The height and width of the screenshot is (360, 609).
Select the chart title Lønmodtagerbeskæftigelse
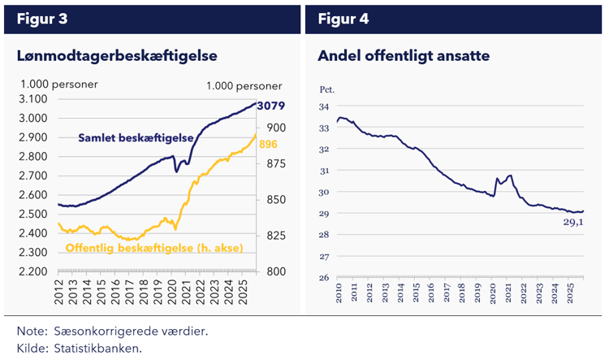click(x=117, y=56)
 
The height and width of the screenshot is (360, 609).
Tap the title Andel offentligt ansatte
click(x=403, y=56)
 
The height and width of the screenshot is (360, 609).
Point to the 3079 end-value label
click(x=271, y=106)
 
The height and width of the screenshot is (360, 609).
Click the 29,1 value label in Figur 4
click(x=573, y=223)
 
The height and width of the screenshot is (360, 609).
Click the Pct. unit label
click(x=326, y=89)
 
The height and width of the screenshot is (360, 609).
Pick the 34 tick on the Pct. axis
click(x=324, y=106)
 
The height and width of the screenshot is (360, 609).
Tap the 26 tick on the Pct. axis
click(x=324, y=278)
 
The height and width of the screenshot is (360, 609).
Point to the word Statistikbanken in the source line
click(x=97, y=348)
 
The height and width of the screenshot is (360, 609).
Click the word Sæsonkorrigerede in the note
click(x=101, y=332)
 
